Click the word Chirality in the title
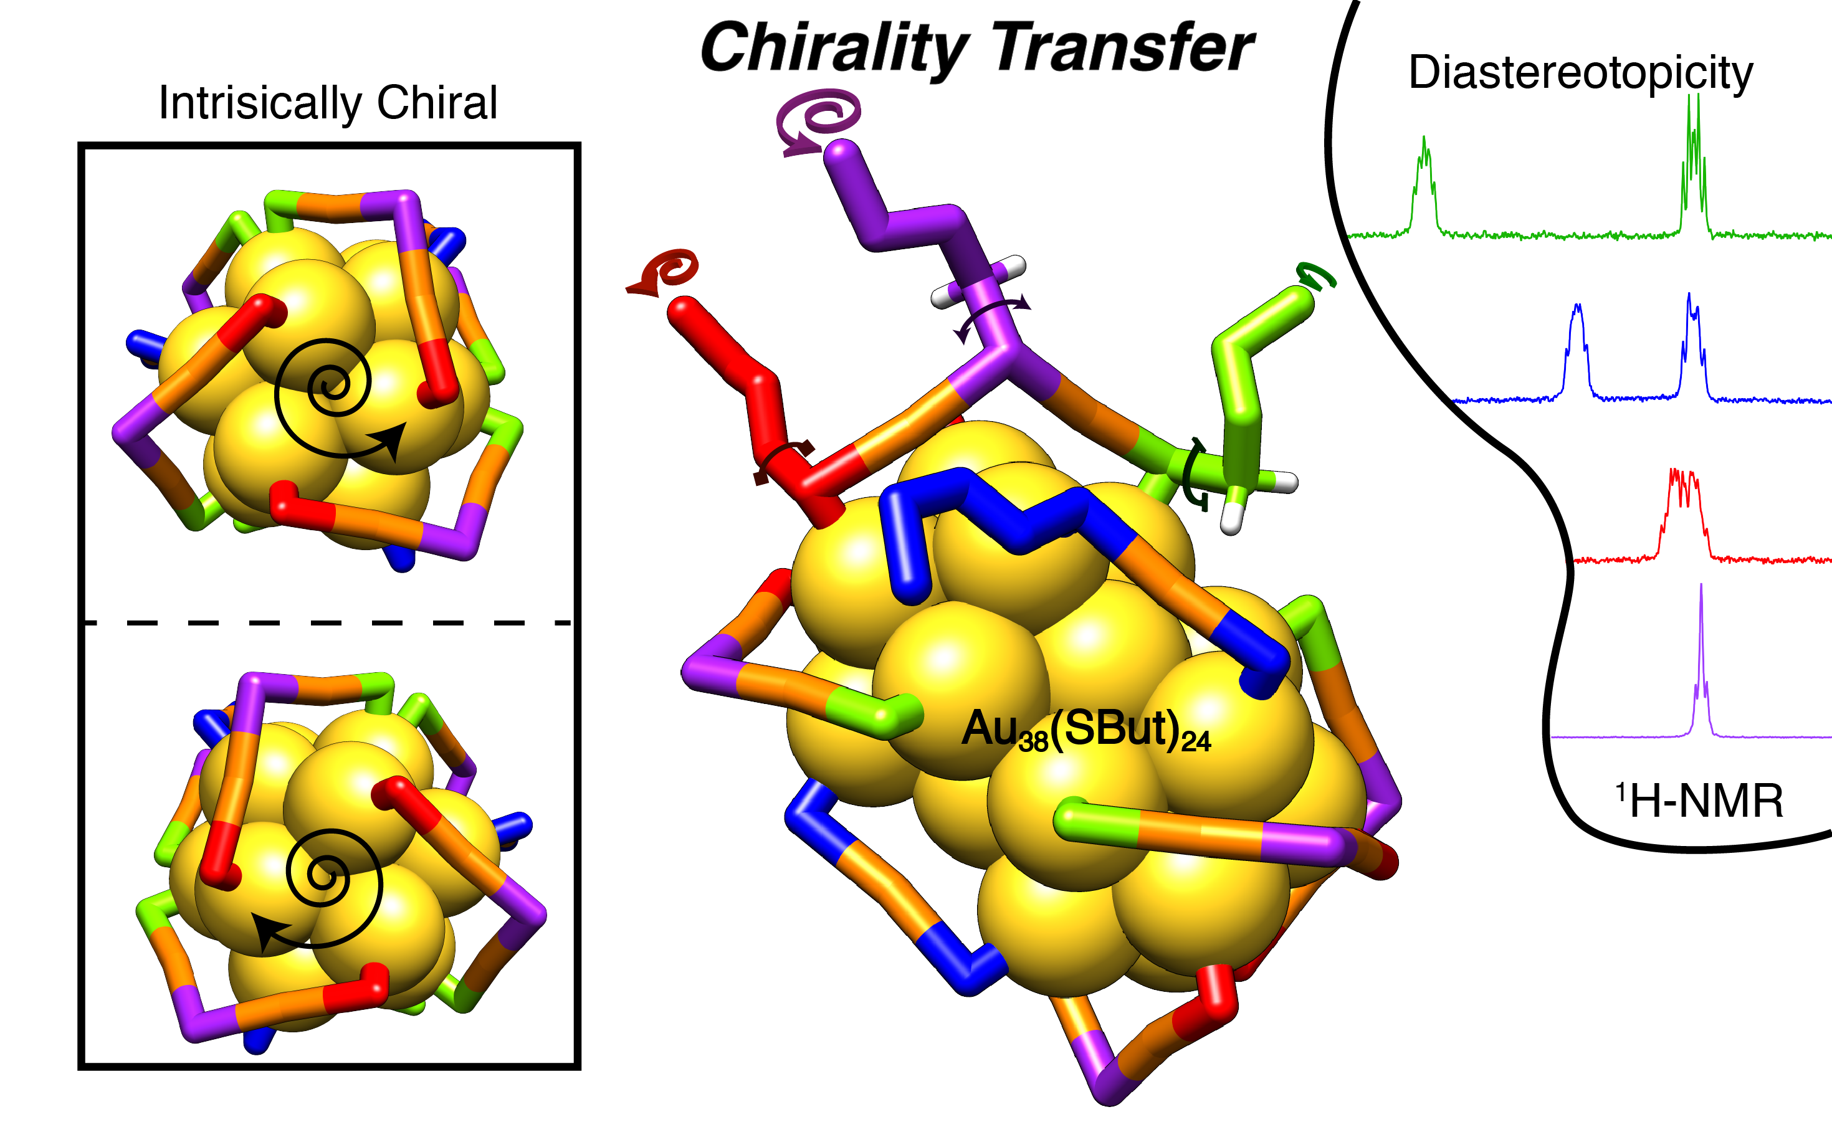click(833, 49)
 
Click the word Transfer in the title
click(1123, 49)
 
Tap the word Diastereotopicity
click(1580, 72)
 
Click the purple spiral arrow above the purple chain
click(818, 119)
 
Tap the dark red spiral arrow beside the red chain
click(666, 272)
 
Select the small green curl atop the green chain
click(1316, 275)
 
